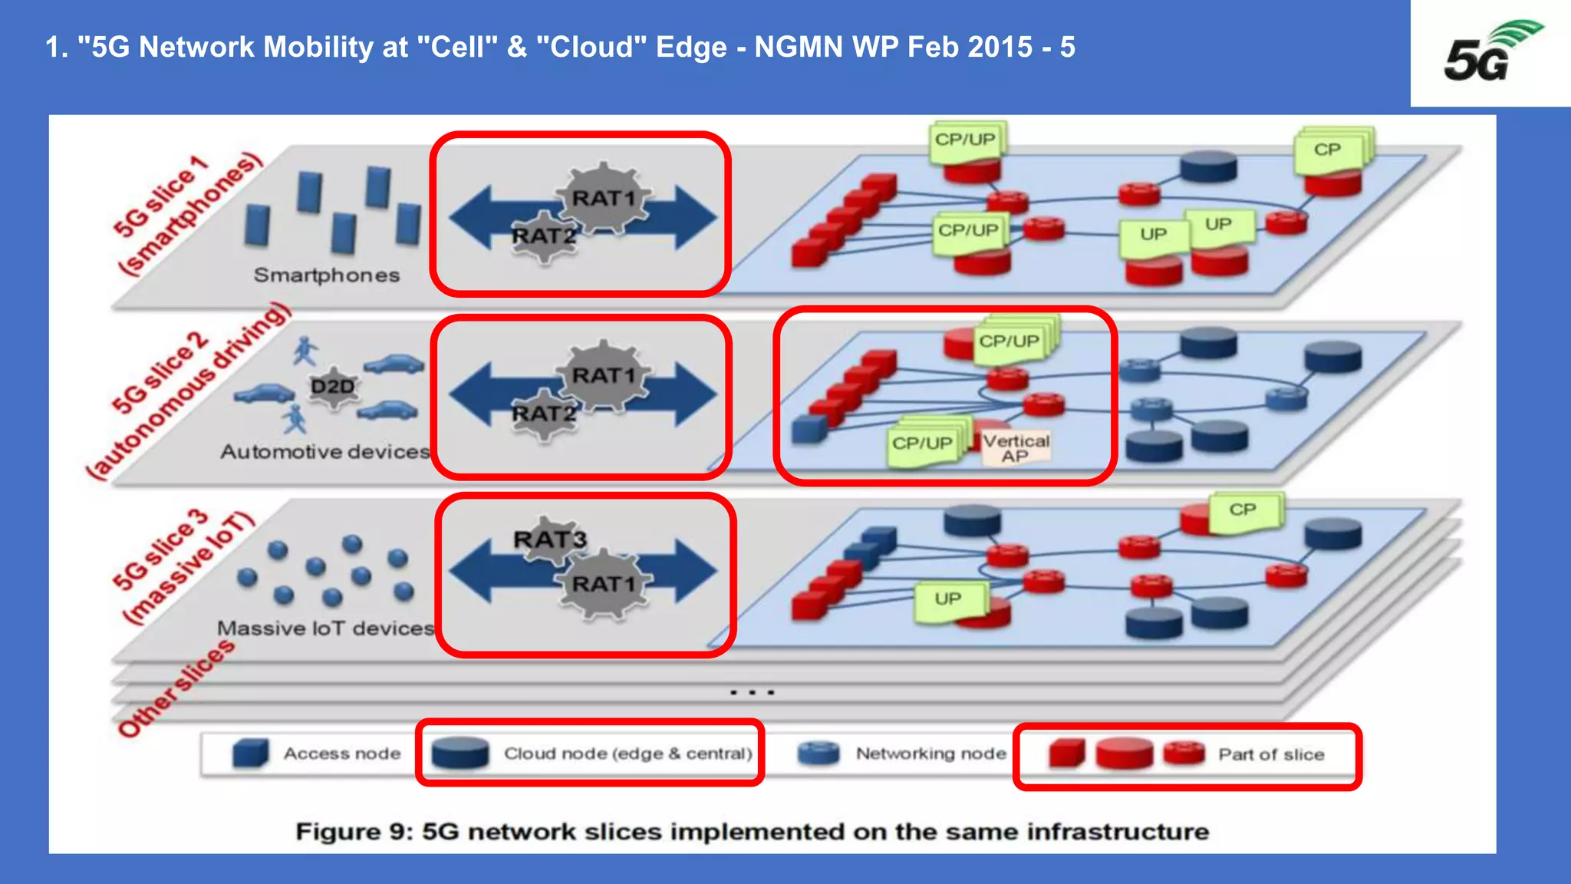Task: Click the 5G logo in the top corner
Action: point(1490,52)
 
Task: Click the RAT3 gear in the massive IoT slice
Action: point(549,539)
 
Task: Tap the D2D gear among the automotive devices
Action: point(332,386)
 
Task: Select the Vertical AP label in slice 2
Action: point(1016,447)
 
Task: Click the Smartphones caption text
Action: point(327,275)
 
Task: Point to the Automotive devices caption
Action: point(325,451)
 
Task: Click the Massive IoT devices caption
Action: point(325,628)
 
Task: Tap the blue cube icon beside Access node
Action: point(250,753)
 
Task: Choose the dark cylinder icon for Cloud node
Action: point(459,752)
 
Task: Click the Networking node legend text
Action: point(930,754)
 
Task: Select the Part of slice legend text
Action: point(1271,754)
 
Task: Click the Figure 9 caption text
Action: point(752,831)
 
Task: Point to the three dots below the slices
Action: point(752,692)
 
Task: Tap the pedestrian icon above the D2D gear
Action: point(305,351)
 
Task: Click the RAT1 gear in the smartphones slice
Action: point(604,198)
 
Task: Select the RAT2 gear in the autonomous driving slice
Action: point(544,414)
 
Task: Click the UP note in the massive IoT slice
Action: point(948,599)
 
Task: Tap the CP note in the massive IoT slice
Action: point(1243,510)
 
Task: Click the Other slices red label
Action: point(176,688)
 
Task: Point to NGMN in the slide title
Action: point(799,48)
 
